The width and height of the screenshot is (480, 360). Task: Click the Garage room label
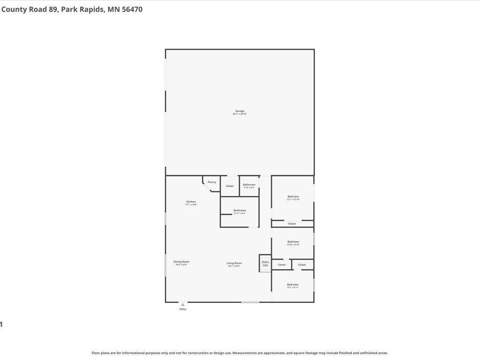point(240,111)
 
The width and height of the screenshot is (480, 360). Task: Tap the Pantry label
point(212,182)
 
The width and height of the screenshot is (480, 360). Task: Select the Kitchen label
point(191,202)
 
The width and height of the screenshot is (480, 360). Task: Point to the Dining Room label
point(181,262)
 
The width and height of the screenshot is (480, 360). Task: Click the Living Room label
point(234,263)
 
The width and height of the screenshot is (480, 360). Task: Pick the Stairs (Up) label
point(265,263)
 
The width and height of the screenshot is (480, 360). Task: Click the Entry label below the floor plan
point(183,309)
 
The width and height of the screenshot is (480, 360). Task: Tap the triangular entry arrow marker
point(183,305)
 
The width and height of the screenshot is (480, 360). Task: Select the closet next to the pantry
point(230,186)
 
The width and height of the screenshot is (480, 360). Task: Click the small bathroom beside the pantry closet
point(249,185)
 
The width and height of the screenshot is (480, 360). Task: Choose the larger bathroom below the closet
point(240,211)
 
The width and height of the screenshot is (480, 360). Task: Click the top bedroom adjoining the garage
point(293,197)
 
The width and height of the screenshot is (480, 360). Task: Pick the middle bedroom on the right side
point(293,242)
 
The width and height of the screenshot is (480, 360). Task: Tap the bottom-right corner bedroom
point(292,285)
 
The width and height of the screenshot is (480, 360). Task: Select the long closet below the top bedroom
point(292,224)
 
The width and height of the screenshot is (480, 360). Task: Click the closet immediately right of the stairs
point(282,265)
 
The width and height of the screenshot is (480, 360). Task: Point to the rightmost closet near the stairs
point(302,265)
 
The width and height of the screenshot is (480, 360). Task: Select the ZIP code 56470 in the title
point(132,9)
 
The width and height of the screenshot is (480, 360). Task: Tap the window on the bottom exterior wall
point(250,302)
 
